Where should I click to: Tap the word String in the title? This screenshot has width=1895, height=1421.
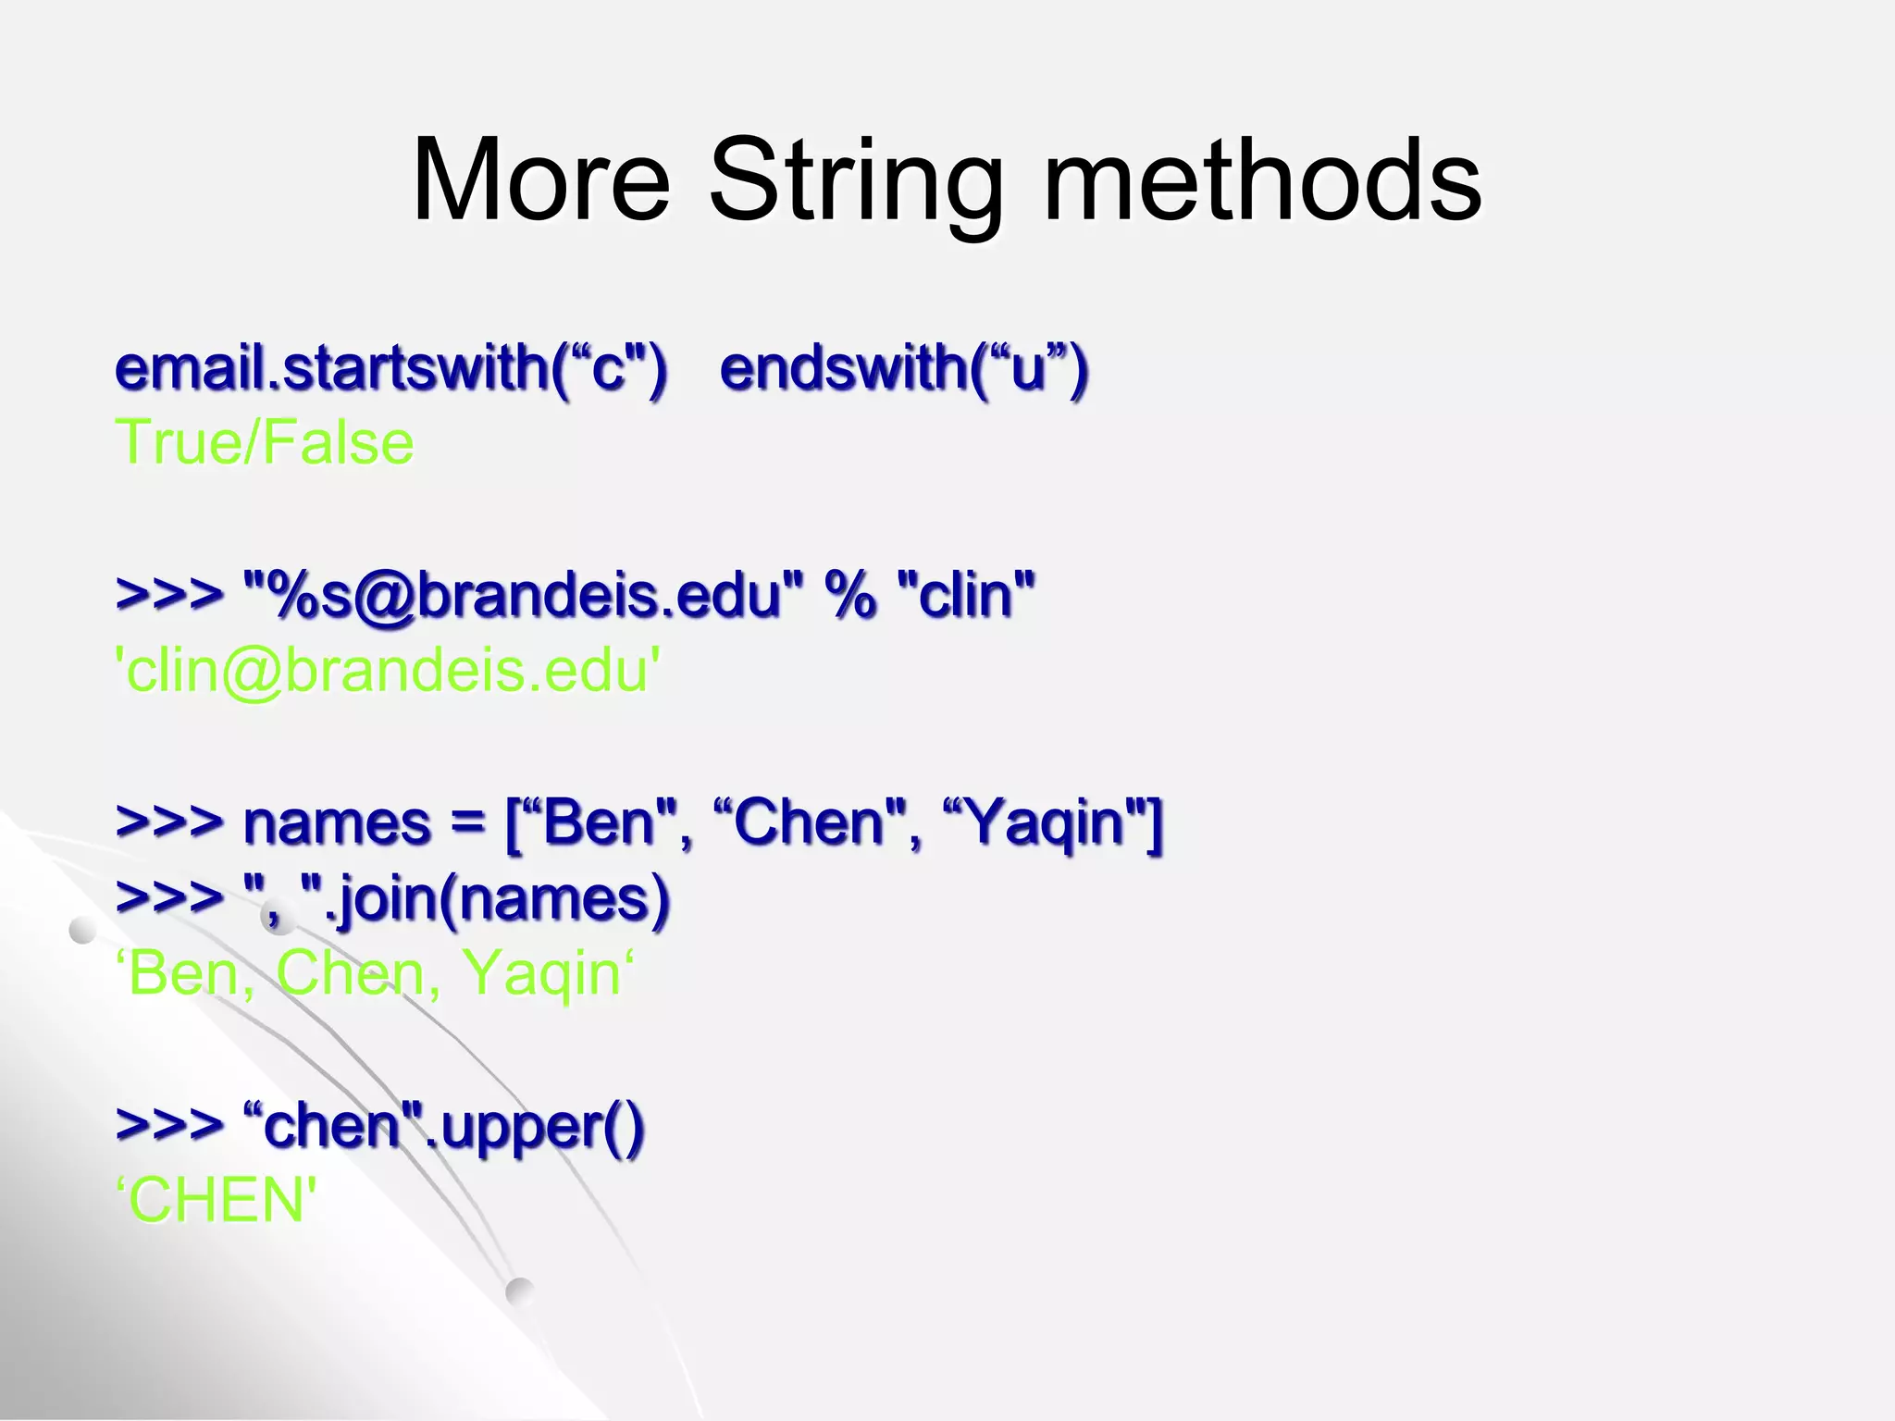pyautogui.click(x=856, y=183)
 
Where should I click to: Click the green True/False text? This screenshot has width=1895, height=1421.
pyautogui.click(x=265, y=442)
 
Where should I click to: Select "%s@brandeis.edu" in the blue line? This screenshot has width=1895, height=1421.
pyautogui.click(x=523, y=595)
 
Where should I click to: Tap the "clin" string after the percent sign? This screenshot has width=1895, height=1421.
pyautogui.click(x=966, y=595)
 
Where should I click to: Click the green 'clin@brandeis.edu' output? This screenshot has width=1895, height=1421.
pyautogui.click(x=388, y=671)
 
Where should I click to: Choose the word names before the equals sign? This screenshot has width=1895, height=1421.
pyautogui.click(x=337, y=822)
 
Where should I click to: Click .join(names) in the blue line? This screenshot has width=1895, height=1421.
pyautogui.click(x=496, y=898)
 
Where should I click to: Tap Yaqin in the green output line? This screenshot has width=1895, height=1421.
pyautogui.click(x=541, y=974)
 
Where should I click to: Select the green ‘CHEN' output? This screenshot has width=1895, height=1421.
pyautogui.click(x=217, y=1200)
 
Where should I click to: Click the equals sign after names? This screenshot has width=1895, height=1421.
pyautogui.click(x=468, y=822)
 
